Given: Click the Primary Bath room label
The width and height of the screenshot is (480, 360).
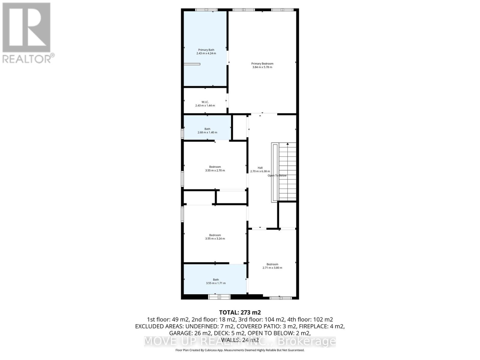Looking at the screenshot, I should [206, 50].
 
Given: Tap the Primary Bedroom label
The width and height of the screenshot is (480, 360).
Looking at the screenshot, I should [262, 64].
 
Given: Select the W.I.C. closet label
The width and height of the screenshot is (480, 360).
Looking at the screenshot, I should [205, 102].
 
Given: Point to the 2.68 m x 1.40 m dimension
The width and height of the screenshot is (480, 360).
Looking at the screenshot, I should [207, 132].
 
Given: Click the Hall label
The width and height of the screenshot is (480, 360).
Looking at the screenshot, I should [260, 168].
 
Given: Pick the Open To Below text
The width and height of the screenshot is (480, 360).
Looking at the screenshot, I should [277, 175].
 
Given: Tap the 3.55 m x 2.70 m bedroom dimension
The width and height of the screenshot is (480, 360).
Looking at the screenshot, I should [215, 170].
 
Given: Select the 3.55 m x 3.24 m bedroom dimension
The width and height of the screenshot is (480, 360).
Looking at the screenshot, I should [215, 239].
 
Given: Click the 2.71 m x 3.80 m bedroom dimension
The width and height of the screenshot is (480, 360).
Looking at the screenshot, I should [272, 268].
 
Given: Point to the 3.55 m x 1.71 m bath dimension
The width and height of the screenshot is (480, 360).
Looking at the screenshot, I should [216, 283].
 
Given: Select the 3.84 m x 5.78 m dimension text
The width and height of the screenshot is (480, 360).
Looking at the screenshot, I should [262, 67].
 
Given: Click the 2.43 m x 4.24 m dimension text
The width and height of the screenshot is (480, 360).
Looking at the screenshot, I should [206, 53].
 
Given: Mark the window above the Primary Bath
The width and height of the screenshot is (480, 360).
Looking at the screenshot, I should [206, 10].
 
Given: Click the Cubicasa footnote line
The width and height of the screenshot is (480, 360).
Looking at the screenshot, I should [240, 350].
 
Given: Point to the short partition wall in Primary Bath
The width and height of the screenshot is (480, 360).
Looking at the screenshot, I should [192, 64].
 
